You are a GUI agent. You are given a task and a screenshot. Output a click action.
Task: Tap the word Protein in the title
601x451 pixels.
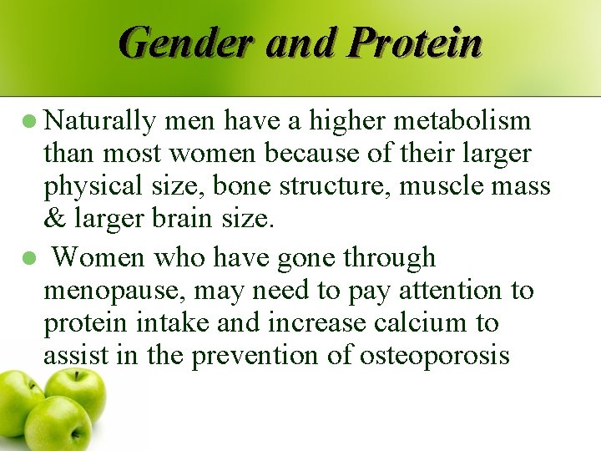click(x=416, y=42)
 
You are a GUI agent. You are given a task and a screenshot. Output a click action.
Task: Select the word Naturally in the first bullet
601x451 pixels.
click(x=101, y=122)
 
